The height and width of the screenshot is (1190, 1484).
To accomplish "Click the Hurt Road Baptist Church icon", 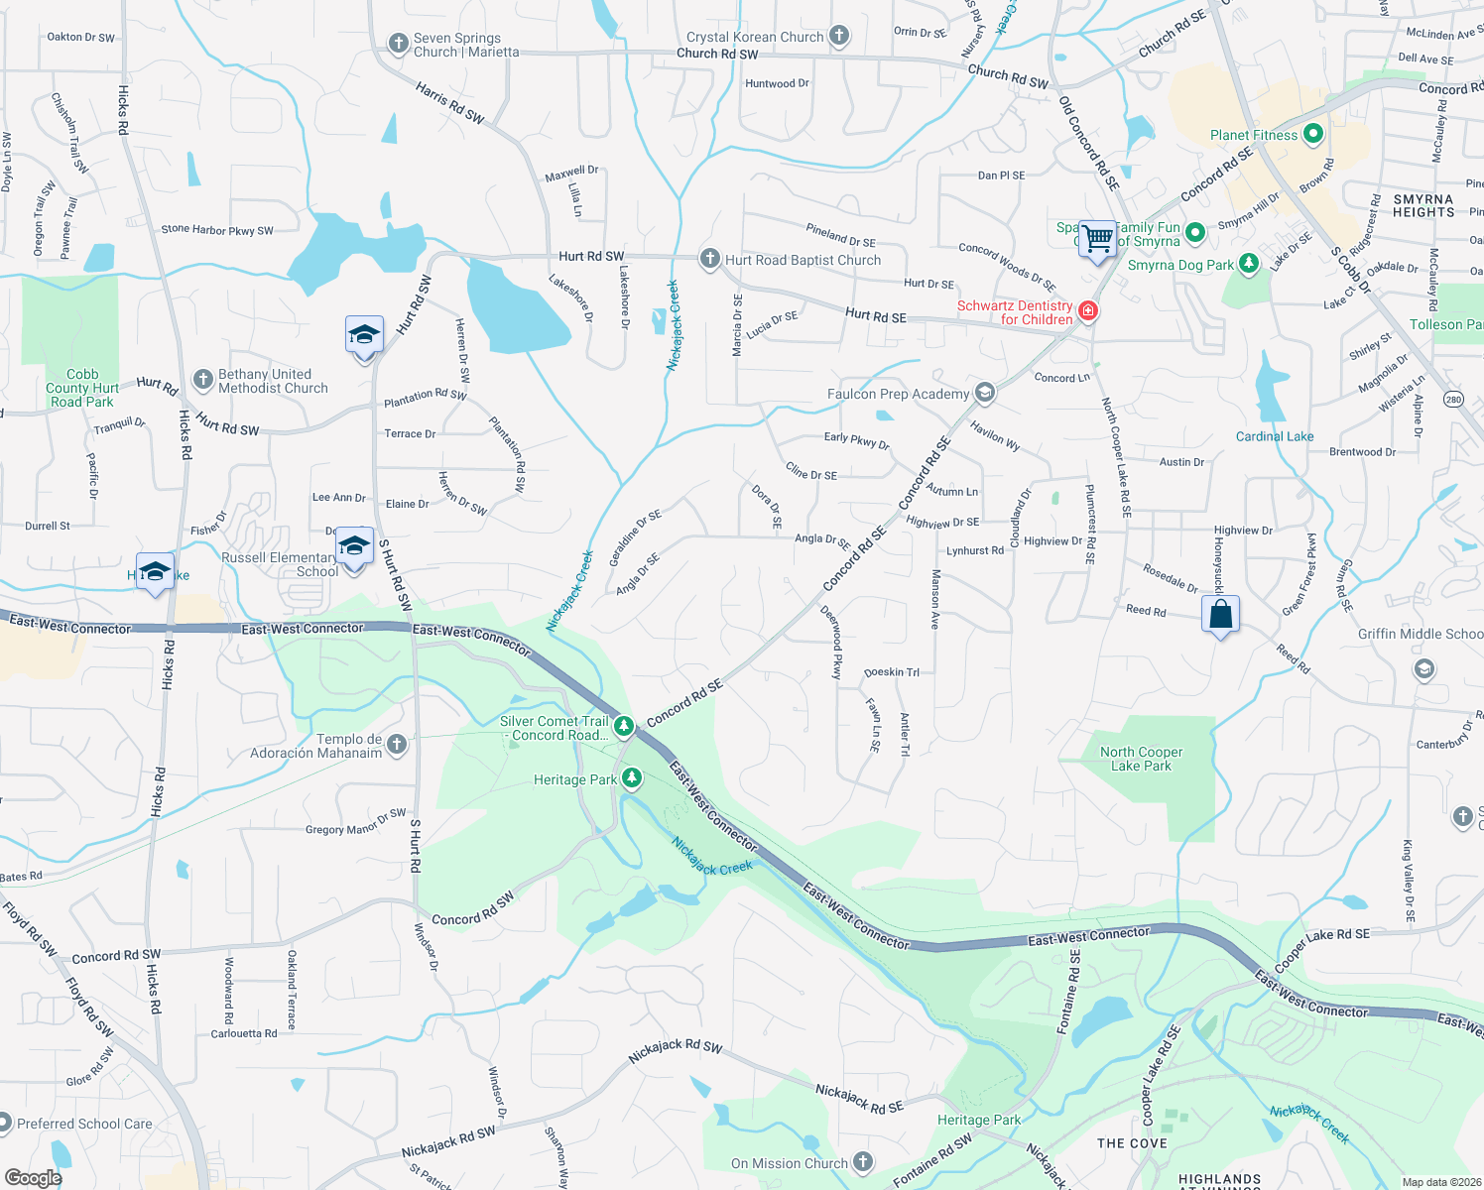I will [709, 259].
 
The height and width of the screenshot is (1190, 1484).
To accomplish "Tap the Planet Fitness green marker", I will [1313, 134].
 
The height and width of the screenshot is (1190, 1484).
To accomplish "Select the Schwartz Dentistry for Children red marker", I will [1088, 311].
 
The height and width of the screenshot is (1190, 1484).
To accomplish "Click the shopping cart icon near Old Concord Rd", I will [1097, 239].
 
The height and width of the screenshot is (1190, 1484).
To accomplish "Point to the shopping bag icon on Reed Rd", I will [1221, 615].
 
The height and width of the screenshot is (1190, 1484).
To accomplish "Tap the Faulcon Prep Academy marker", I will [984, 393].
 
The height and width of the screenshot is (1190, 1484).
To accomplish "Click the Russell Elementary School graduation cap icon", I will [354, 545].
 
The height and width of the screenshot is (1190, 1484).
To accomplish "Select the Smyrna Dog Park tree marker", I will [1249, 264].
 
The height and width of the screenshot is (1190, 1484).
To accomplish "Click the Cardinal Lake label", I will [1274, 436].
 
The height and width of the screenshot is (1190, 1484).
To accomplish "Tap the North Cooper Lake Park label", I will [1141, 759].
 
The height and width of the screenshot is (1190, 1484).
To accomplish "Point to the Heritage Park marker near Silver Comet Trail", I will [631, 778].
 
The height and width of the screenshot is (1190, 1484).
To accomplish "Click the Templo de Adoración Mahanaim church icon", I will [397, 745].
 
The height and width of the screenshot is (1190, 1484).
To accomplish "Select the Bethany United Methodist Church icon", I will [202, 380].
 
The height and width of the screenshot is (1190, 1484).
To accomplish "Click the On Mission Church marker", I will [862, 1162].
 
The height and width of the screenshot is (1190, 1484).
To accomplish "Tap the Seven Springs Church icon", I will [398, 44].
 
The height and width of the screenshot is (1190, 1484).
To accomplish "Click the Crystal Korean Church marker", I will [839, 36].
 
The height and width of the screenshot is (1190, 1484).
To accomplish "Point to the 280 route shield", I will [1453, 400].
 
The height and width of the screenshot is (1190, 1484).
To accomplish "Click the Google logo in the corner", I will [33, 1177].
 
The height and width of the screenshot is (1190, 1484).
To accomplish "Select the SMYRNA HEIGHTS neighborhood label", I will [1422, 205].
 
